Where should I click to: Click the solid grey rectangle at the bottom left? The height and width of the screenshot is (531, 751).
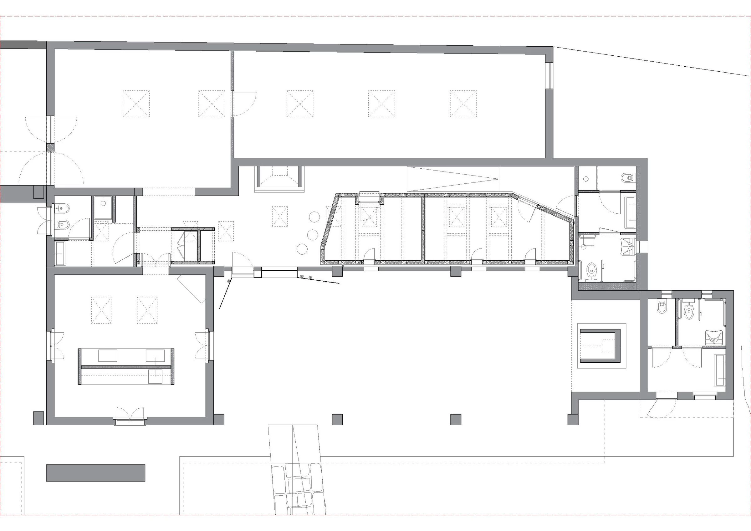tap(95, 473)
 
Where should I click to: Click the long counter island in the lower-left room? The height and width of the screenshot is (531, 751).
tap(126, 366)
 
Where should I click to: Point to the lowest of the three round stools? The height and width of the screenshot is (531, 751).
tap(303, 249)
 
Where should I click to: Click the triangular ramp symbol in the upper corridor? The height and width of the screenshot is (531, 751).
tap(453, 179)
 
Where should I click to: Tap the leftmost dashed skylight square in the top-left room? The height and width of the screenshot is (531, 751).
tap(136, 104)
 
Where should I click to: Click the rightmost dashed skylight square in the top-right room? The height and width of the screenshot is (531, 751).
tap(463, 104)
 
